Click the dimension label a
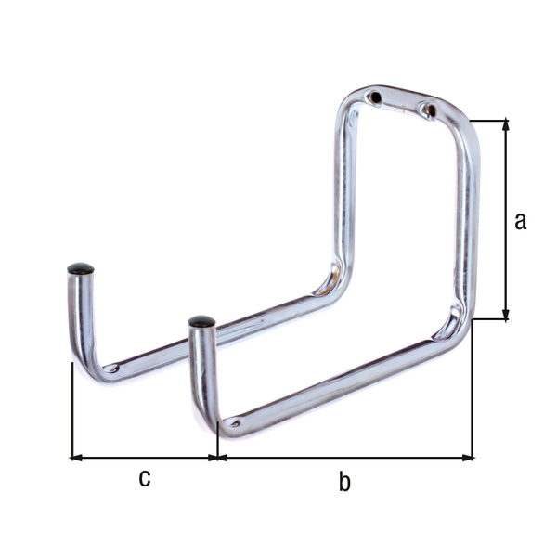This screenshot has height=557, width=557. pos(520,221)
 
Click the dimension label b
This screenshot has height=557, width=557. pos(344,481)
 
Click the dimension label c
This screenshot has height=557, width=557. pos(145,478)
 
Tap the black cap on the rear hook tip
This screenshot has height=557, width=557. pos(81,268)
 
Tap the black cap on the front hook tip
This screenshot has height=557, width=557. pos(201,321)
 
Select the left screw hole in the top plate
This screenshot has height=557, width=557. pos(375,97)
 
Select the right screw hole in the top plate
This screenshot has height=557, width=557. pos(431,110)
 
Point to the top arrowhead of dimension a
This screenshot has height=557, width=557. pos(506,125)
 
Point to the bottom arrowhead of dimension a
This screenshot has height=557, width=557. pos(506,315)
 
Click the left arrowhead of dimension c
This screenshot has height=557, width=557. pos(77,458)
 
